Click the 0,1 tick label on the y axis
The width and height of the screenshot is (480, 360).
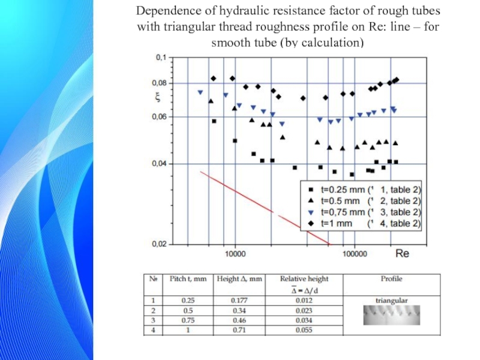point(160,58)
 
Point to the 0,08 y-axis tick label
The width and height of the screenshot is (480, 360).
point(157,83)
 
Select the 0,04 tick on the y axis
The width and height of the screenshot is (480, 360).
point(157,163)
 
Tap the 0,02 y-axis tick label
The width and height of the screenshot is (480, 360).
point(157,244)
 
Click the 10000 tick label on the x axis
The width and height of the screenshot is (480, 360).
point(235,254)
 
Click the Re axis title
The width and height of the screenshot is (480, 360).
point(402,254)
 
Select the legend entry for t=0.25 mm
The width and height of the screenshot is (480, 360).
point(363,190)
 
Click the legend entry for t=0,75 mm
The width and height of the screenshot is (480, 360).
point(363,212)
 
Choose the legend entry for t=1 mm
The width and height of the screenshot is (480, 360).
point(363,223)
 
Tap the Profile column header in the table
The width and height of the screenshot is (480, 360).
point(392,279)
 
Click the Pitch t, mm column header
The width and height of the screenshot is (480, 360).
point(191,279)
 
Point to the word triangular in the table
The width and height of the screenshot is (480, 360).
point(392,299)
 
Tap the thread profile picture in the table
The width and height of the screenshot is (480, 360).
point(392,314)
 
